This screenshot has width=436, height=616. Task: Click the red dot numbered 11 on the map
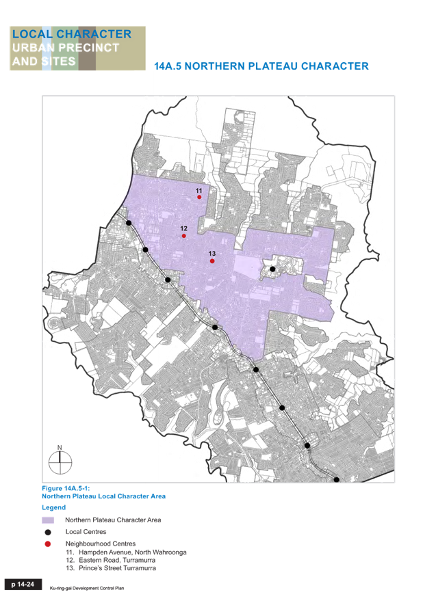tap(199, 197)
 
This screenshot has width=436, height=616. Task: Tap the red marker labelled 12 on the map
tap(183, 236)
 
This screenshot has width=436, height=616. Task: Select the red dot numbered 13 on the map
tap(212, 261)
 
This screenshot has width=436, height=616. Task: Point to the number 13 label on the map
tap(212, 254)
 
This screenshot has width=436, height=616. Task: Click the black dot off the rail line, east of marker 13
tap(272, 269)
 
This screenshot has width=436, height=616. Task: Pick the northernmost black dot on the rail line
tap(129, 223)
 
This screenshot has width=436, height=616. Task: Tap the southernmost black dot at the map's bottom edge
tap(336, 480)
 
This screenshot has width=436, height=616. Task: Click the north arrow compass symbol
tap(60, 462)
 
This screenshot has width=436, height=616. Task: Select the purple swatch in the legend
tap(48, 520)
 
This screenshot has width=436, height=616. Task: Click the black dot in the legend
tap(48, 532)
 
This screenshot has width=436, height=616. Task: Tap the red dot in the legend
tap(48, 544)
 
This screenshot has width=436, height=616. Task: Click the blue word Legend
tap(53, 508)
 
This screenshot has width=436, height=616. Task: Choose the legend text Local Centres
tap(86, 532)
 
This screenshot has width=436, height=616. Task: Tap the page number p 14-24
tap(23, 585)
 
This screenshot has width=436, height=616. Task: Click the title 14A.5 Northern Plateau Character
tap(261, 66)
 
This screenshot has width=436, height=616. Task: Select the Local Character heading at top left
tap(72, 34)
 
